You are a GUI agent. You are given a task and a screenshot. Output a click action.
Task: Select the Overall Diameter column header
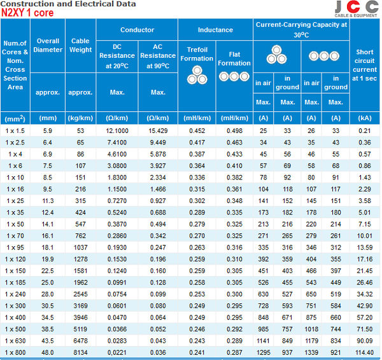(48, 45)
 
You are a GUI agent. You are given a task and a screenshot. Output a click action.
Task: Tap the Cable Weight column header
(80, 45)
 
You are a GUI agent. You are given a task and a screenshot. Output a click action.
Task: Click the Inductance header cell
(215, 30)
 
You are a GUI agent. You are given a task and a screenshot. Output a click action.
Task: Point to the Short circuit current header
(365, 66)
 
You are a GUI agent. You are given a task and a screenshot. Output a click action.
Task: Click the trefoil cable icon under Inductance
(197, 76)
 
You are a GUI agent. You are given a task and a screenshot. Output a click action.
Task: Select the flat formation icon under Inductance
(234, 76)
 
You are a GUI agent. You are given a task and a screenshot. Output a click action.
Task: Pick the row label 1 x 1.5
(15, 130)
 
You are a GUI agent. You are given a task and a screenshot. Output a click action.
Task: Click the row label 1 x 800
(15, 352)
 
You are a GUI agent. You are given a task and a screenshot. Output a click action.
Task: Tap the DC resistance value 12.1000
(117, 130)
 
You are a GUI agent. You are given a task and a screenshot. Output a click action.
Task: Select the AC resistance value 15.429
(157, 130)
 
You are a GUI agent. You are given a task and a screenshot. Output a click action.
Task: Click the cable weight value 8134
(80, 352)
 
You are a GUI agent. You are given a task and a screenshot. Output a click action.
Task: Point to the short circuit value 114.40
(365, 352)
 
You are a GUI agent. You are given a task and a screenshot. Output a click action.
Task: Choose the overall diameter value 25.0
(48, 282)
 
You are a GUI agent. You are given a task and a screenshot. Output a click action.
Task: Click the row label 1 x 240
(15, 294)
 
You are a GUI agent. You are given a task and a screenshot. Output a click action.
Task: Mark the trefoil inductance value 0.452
(197, 130)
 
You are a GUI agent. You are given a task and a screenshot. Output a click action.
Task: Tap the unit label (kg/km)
(80, 118)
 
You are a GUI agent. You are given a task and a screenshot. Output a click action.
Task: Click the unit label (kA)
(365, 118)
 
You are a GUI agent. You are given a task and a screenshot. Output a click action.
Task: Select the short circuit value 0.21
(365, 130)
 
